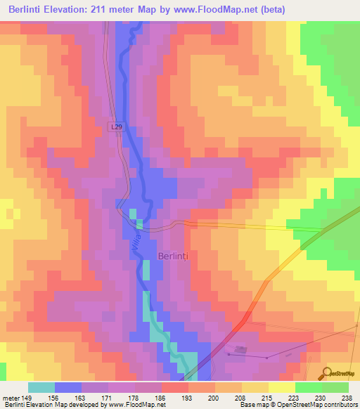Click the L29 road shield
coord(117,126)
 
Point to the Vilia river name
coord(136,245)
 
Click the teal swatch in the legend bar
coord(41,387)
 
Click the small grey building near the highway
coord(242,349)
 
